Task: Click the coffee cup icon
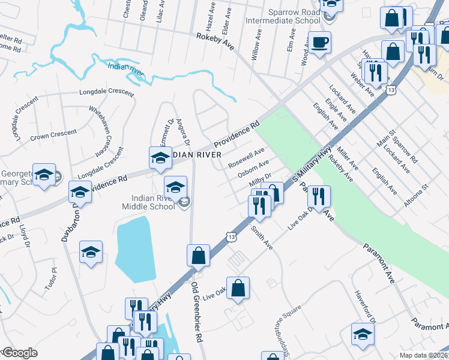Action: point(320,42)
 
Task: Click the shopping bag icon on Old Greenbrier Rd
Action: point(198,256)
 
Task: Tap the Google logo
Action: point(20,353)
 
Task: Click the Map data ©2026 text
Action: point(423,355)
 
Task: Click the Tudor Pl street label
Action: point(50,279)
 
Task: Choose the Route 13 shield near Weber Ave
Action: point(391,90)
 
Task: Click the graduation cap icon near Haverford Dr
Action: point(363,335)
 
